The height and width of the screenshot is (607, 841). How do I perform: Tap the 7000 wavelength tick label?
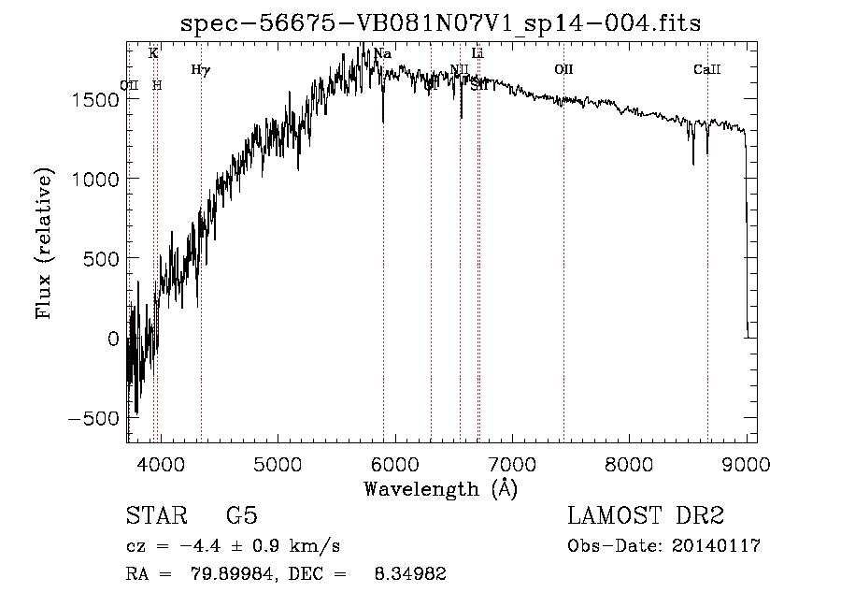click(x=511, y=461)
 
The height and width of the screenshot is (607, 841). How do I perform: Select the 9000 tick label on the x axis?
click(x=746, y=461)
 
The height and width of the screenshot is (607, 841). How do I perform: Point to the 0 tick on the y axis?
click(x=112, y=339)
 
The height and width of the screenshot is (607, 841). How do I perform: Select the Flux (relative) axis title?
click(x=44, y=243)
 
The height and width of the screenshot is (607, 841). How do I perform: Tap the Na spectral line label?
click(x=382, y=54)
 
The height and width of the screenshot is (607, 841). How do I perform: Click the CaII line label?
click(x=707, y=69)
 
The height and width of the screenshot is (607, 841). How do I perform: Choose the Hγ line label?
click(x=200, y=69)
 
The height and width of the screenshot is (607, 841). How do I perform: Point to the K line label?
click(x=153, y=54)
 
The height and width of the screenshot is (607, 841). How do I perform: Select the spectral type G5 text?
click(x=241, y=516)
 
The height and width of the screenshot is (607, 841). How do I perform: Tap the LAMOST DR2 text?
click(x=646, y=516)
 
